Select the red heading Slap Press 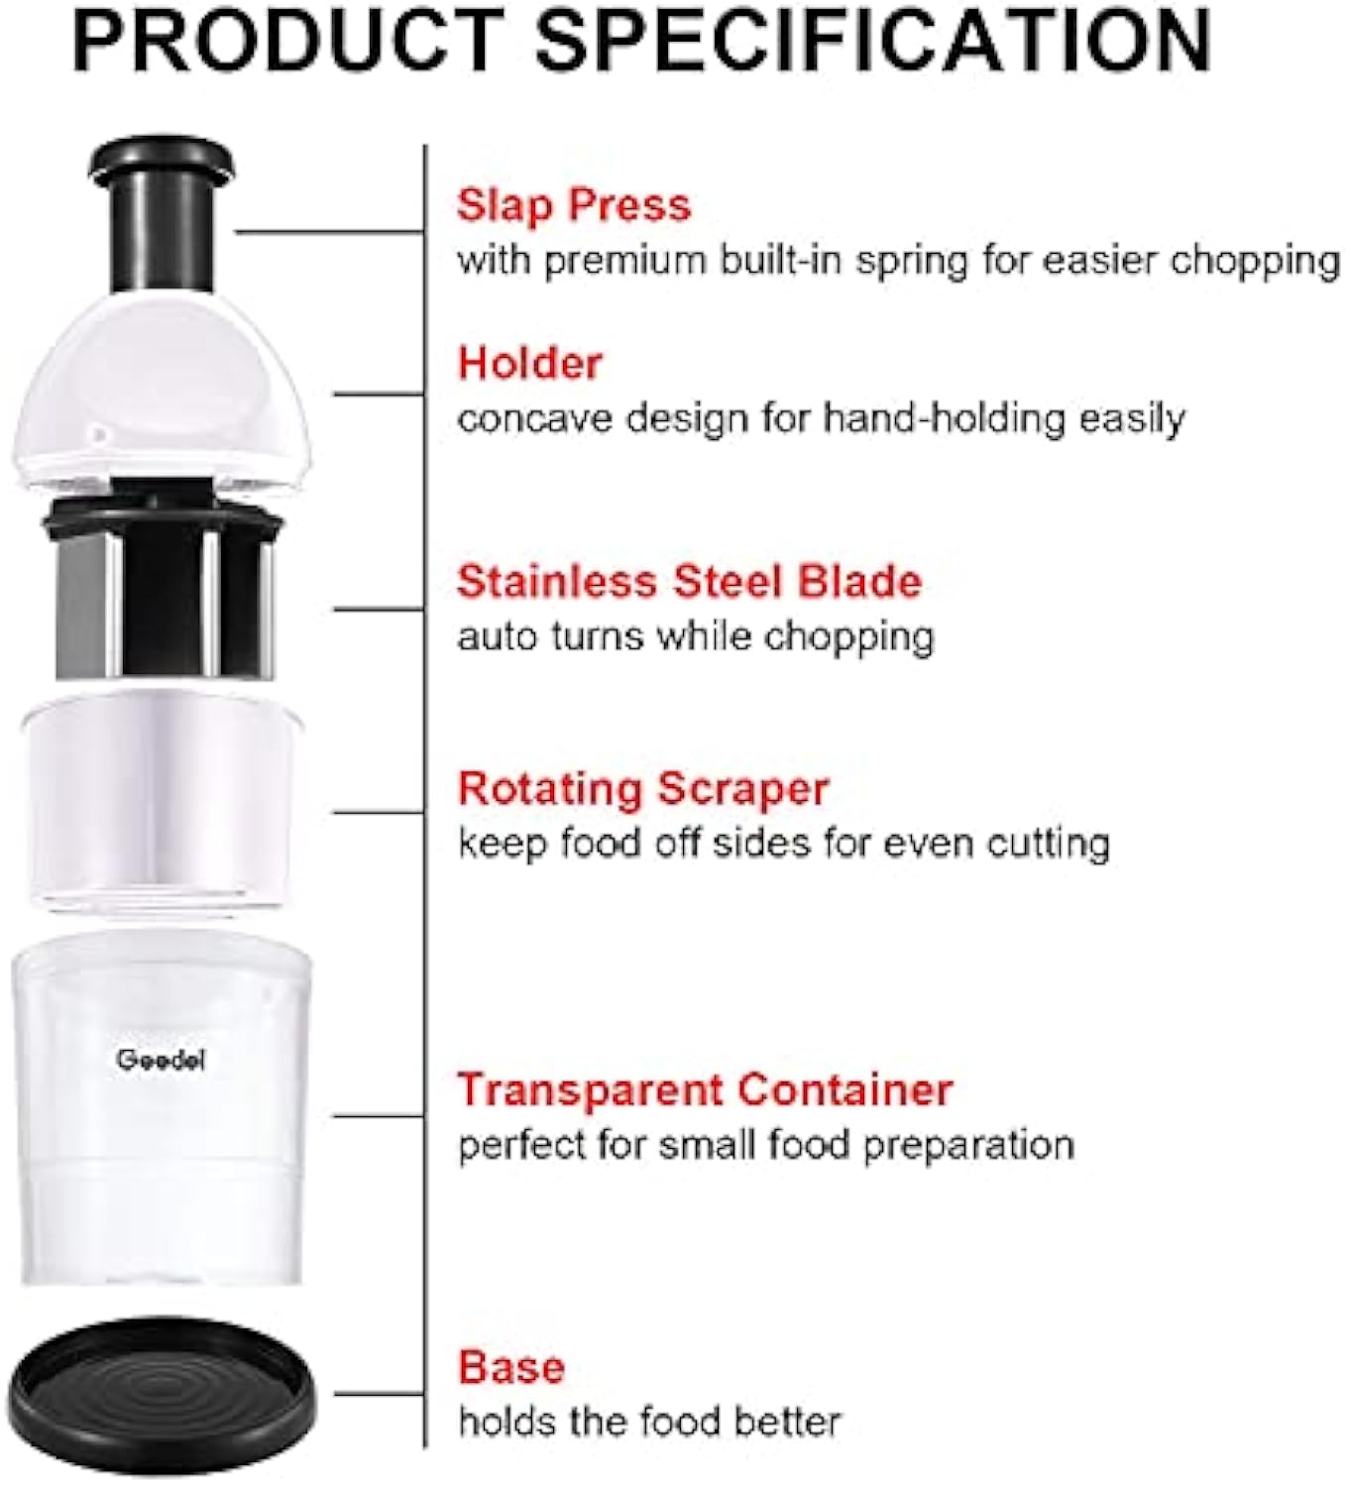573,205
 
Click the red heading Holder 529,364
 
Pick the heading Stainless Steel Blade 689,582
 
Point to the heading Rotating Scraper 642,790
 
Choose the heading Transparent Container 704,1089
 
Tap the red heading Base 510,1368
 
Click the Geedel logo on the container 161,1060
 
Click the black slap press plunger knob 162,213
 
